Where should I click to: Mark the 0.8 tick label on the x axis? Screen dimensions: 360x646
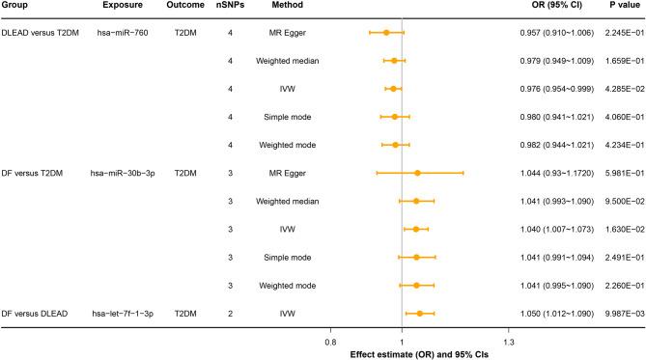[330, 342]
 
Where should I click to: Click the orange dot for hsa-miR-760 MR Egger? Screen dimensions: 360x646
[386, 33]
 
